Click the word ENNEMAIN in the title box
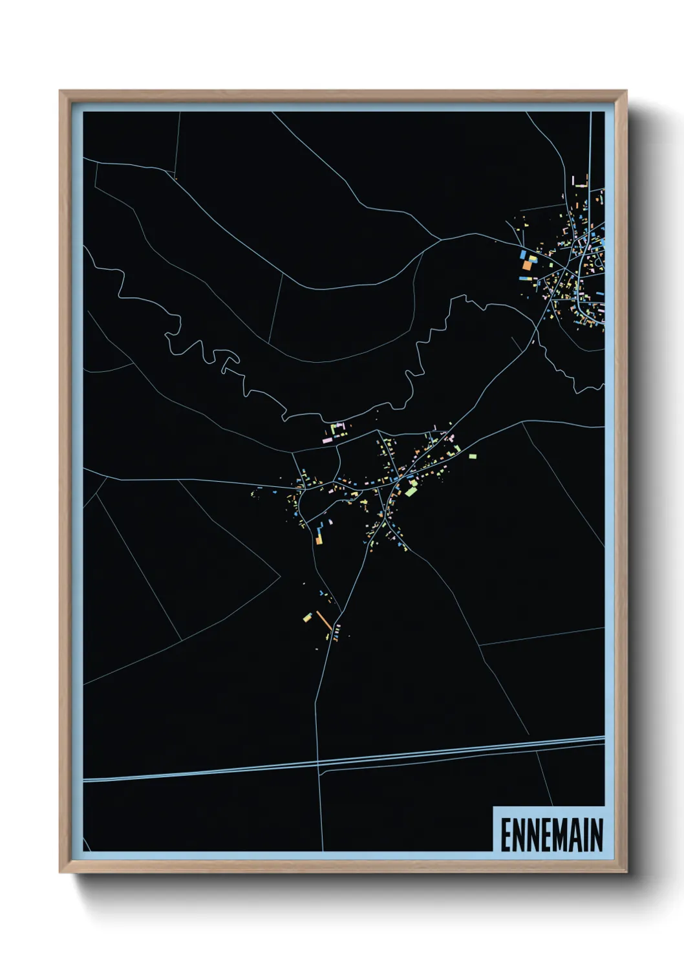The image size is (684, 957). tap(551, 835)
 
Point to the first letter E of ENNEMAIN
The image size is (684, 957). tap(507, 835)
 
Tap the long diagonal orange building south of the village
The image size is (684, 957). tap(324, 620)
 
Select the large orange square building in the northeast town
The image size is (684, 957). tap(527, 265)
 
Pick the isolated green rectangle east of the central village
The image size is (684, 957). tap(473, 457)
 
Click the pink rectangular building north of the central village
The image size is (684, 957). tap(327, 440)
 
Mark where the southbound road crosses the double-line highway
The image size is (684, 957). tap(317, 765)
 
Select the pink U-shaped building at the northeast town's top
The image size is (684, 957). tap(580, 180)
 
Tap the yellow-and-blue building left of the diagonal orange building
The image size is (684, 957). tap(307, 618)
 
